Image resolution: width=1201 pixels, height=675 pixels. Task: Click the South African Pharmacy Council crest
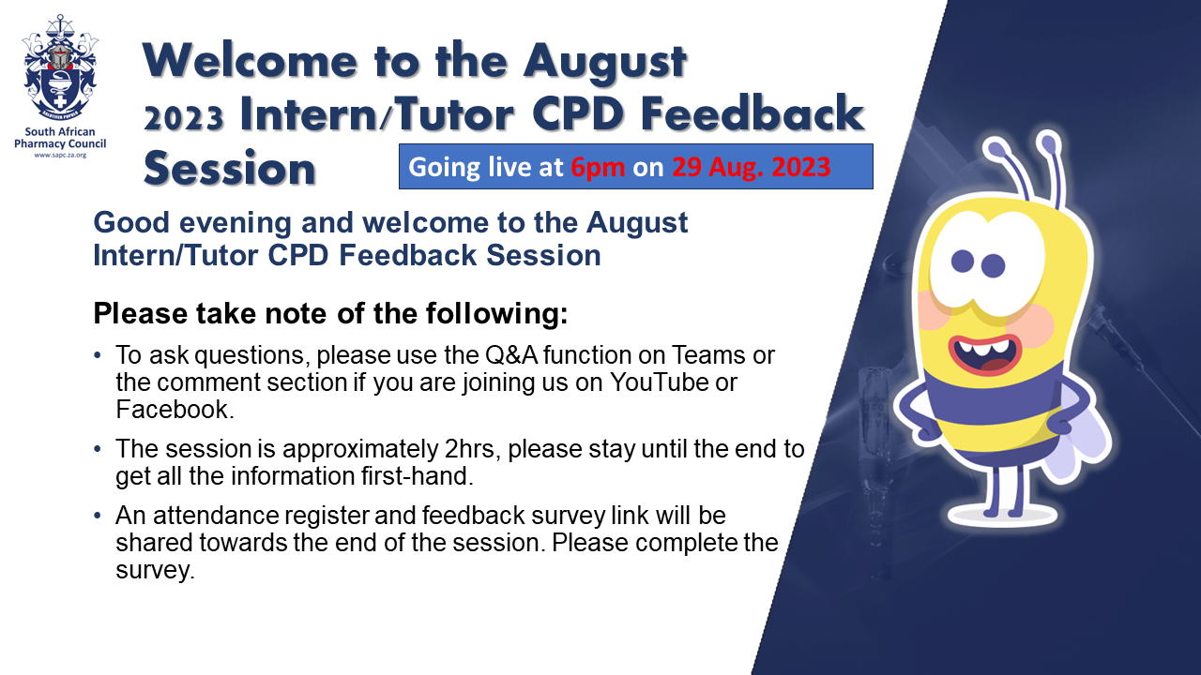60,67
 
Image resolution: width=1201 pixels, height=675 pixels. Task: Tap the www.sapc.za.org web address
60,156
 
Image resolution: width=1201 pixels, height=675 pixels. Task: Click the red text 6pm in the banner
598,168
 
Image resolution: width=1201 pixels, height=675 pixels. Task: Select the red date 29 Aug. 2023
752,167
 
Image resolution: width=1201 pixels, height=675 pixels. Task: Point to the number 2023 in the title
183,118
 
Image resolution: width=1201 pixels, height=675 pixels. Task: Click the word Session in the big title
230,168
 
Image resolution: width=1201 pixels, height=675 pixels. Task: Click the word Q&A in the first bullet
511,355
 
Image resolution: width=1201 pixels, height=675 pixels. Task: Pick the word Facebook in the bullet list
175,410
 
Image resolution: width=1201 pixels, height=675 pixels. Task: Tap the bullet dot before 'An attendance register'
97,516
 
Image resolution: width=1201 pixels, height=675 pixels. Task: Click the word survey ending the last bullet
155,571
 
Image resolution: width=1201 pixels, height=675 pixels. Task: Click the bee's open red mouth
984,353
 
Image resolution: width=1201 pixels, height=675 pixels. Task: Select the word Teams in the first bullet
707,355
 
